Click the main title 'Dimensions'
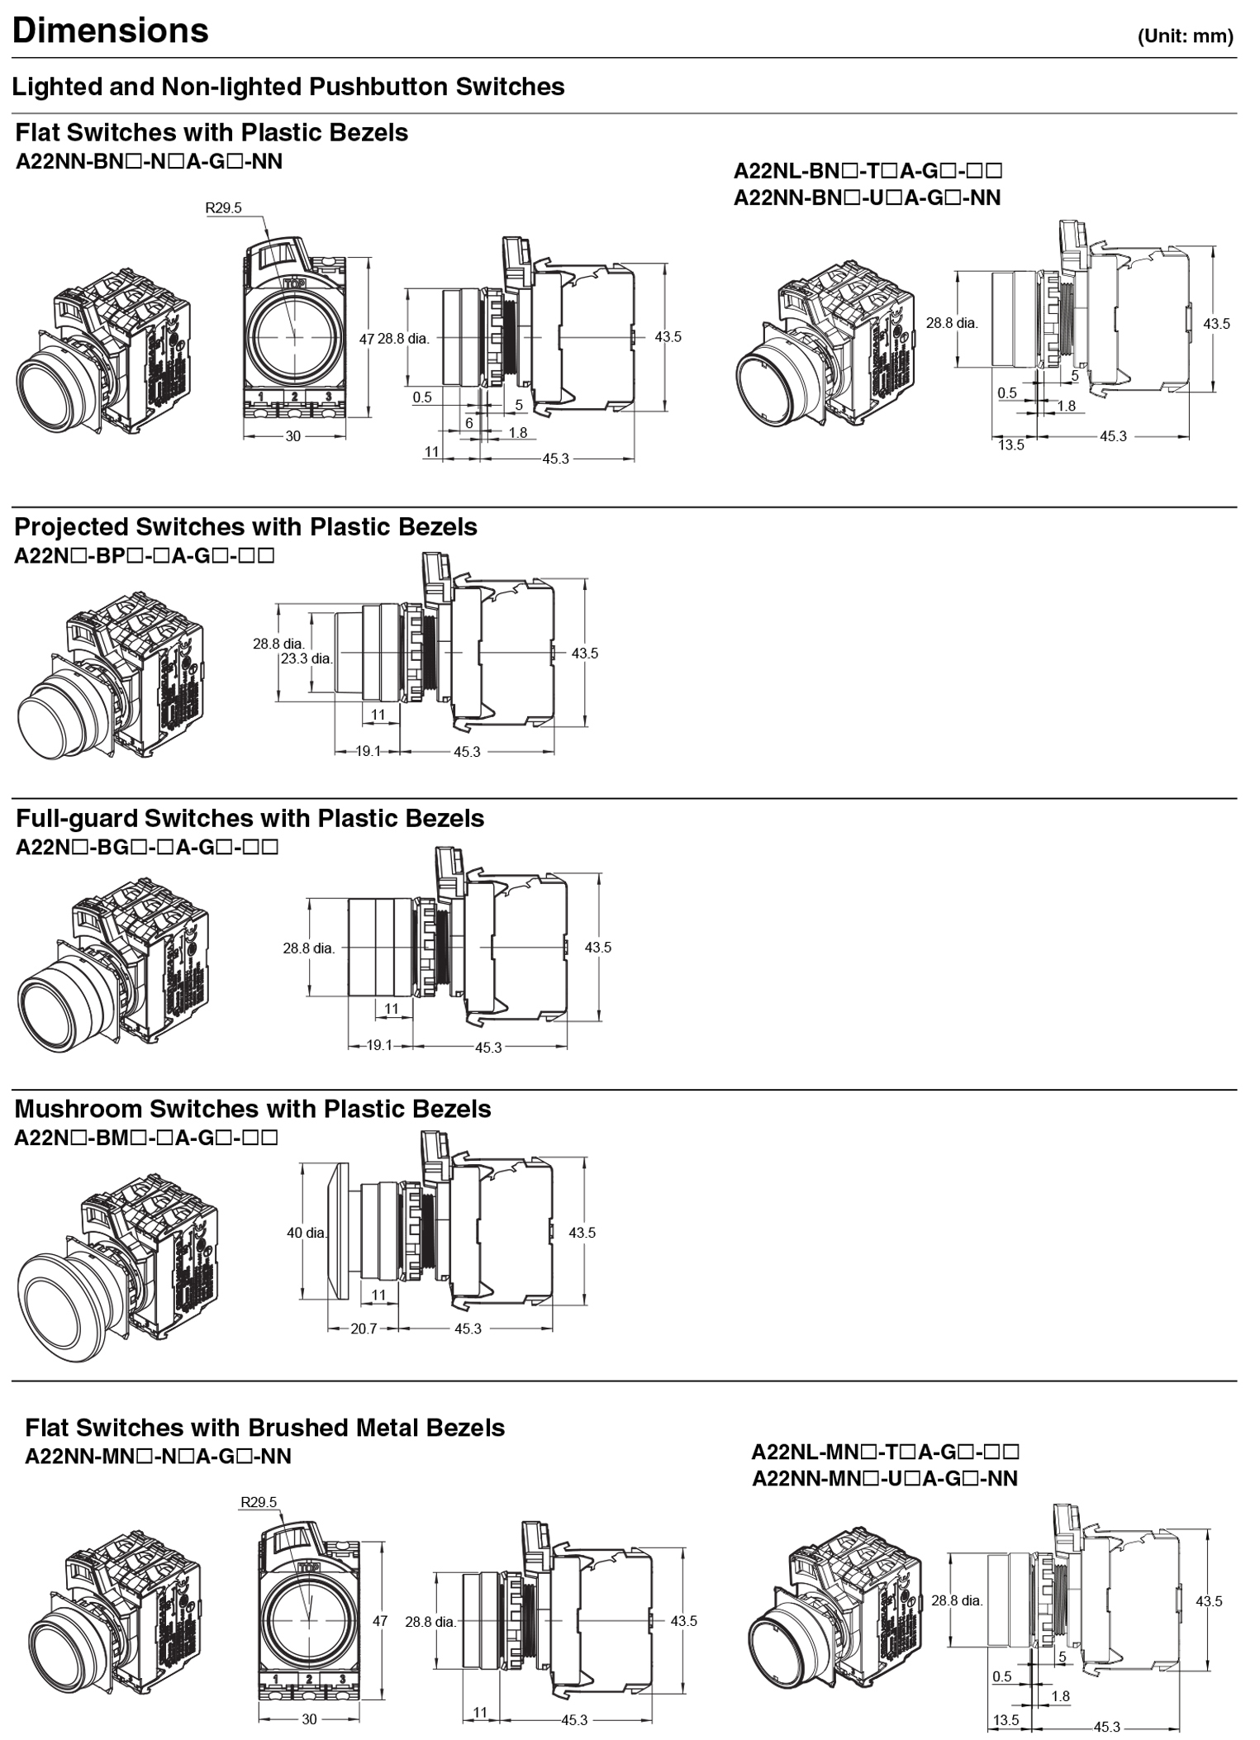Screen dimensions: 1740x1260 click(x=111, y=31)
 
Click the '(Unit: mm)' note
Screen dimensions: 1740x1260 click(x=1185, y=36)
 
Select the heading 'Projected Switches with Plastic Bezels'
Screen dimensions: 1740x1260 click(x=245, y=527)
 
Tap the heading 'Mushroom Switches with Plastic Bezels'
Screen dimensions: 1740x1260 click(x=253, y=1109)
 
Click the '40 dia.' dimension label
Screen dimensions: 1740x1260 click(x=307, y=1233)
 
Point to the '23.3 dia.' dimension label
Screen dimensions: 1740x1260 click(x=307, y=658)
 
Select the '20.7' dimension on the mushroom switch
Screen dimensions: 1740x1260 click(x=364, y=1329)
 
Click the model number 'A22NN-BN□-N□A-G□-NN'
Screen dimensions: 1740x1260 click(x=149, y=162)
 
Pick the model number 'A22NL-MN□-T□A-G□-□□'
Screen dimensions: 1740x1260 click(x=885, y=1452)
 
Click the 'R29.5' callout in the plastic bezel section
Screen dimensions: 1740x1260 click(x=223, y=208)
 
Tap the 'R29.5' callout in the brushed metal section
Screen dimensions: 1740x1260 click(x=259, y=1502)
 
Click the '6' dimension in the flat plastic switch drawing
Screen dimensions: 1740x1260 click(x=469, y=423)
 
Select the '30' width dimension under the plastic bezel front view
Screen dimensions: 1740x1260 click(x=293, y=436)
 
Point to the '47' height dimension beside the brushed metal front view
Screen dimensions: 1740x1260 click(x=380, y=1621)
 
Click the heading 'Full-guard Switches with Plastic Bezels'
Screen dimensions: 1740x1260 click(x=250, y=818)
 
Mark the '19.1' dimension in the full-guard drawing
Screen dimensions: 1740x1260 click(x=379, y=1045)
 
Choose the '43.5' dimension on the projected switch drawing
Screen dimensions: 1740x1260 click(x=585, y=653)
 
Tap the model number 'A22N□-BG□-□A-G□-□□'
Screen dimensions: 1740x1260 click(x=147, y=847)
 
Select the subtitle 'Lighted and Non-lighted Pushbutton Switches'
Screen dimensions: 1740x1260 click(x=288, y=87)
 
